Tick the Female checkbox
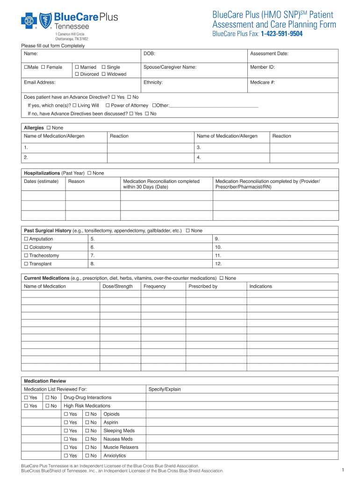click(x=43, y=67)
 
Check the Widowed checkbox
click(x=103, y=74)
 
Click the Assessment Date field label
click(x=269, y=54)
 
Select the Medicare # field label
click(x=262, y=82)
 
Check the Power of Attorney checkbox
click(x=108, y=105)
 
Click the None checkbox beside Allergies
click(x=49, y=128)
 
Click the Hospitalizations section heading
click(x=42, y=173)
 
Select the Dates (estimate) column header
click(x=41, y=181)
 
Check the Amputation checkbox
click(x=26, y=239)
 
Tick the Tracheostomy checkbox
click(x=26, y=256)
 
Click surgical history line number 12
click(x=218, y=264)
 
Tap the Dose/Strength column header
click(x=117, y=286)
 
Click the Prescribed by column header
click(x=202, y=286)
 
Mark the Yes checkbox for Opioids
click(x=65, y=414)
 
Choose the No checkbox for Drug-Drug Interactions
click(x=47, y=398)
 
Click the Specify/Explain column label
click(x=165, y=389)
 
